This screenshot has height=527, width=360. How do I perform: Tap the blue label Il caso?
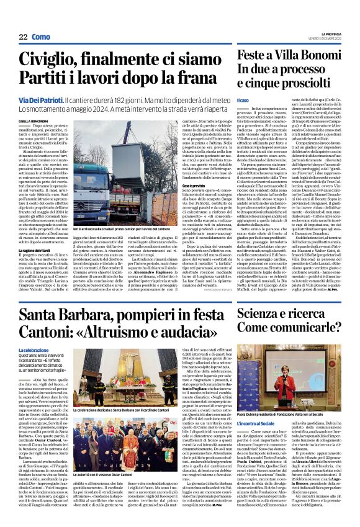pyautogui.click(x=243, y=101)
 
